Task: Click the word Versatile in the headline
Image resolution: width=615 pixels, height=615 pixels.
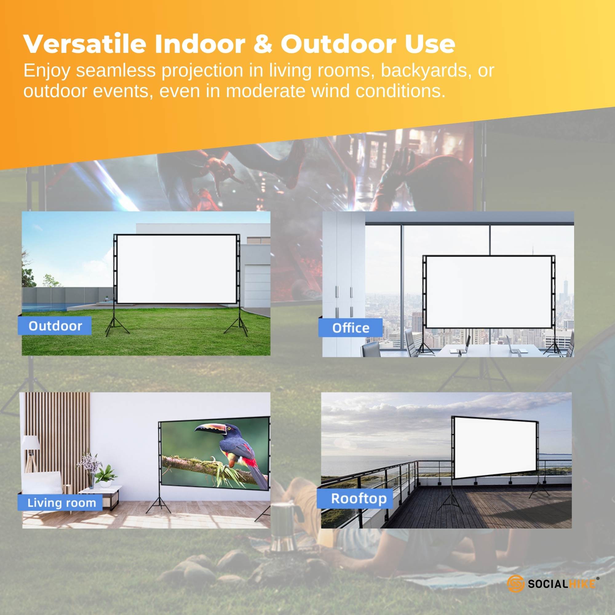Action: click(x=84, y=44)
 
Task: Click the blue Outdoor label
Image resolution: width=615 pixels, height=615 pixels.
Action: click(x=55, y=326)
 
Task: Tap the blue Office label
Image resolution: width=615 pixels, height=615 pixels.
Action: click(x=351, y=327)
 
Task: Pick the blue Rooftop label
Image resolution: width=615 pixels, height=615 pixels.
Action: click(x=359, y=498)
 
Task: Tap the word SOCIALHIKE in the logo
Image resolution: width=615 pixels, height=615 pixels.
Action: click(x=562, y=584)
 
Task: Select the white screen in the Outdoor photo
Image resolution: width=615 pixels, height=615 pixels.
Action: click(x=177, y=269)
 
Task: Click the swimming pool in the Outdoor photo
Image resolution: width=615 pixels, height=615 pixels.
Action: click(x=45, y=307)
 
